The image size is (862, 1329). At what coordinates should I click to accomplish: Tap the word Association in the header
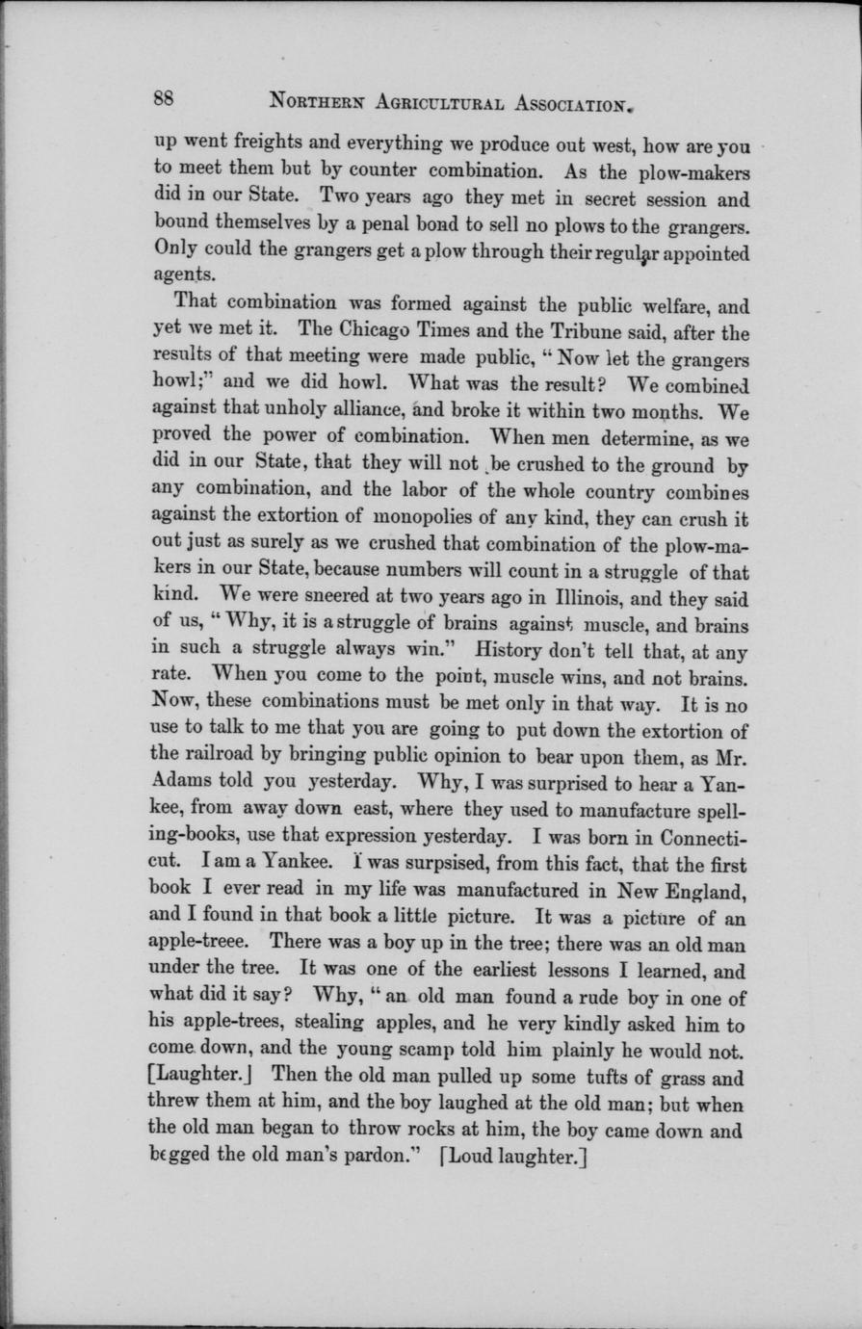559,100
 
